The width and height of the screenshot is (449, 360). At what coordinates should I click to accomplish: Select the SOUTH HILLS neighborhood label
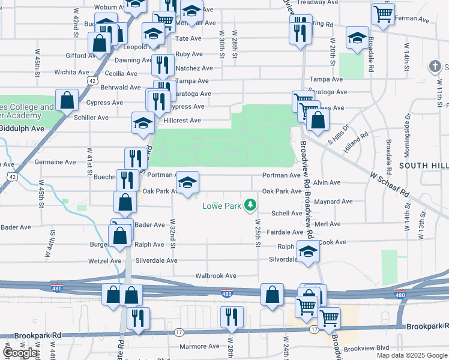tap(424, 165)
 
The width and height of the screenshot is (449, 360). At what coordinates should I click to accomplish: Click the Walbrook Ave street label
tap(216, 276)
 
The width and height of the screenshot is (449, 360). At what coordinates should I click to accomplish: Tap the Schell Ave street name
tap(287, 214)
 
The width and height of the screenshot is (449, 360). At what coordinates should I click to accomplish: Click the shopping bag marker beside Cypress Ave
tap(67, 100)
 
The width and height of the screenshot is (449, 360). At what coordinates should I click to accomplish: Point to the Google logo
tap(20, 353)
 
